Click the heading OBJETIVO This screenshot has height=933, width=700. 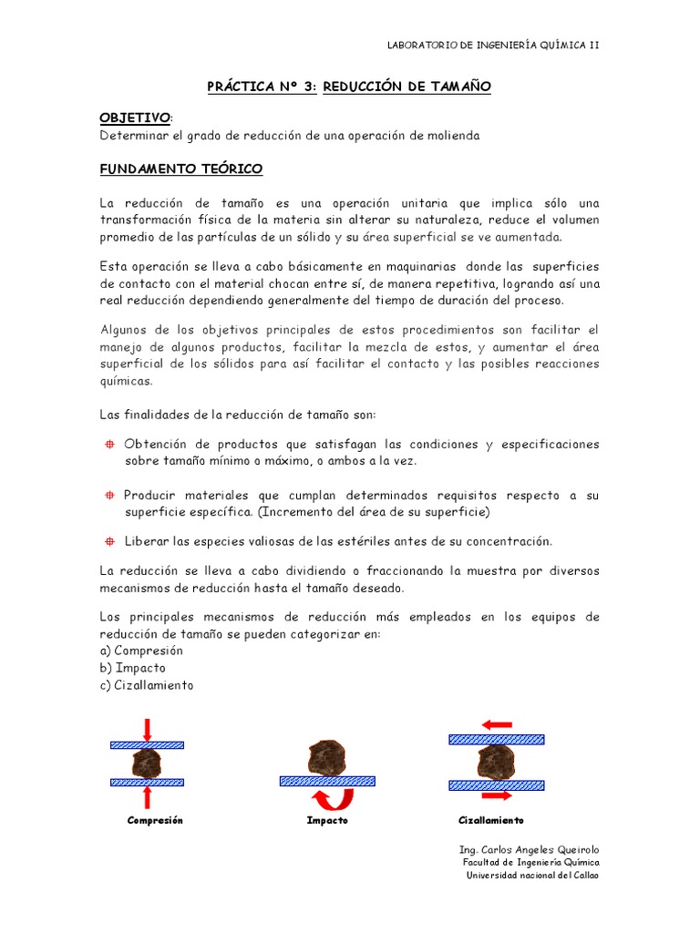[134, 118]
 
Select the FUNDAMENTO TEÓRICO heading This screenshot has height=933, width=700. [180, 169]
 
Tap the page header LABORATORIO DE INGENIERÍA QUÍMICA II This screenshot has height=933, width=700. [493, 45]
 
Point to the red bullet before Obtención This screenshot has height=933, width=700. [107, 444]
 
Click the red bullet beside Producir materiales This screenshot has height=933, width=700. [107, 495]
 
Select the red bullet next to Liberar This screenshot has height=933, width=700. [107, 541]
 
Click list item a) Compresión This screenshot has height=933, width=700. [141, 651]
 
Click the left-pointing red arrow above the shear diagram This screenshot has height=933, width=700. [497, 724]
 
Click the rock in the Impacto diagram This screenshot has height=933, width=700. [326, 756]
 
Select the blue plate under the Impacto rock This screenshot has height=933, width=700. [327, 781]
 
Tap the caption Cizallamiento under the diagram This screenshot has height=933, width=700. [491, 820]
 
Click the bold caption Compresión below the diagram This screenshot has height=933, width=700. [155, 820]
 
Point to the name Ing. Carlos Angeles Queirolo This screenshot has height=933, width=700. [530, 849]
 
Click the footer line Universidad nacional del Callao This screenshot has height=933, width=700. [533, 876]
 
